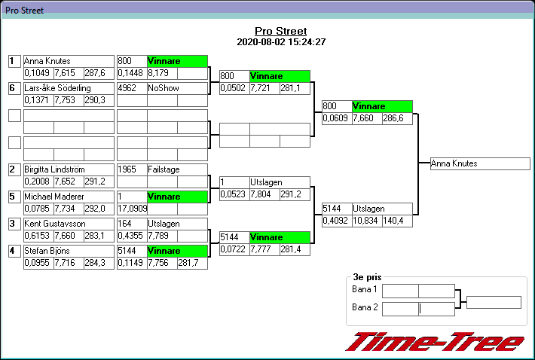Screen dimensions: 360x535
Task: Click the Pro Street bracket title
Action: point(280,31)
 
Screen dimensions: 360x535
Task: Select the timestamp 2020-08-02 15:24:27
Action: point(280,41)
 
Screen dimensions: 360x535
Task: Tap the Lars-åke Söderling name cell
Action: point(68,88)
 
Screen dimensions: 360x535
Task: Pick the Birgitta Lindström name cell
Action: point(68,169)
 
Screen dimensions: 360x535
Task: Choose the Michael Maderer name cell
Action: point(68,197)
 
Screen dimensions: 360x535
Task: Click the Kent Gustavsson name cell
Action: point(68,224)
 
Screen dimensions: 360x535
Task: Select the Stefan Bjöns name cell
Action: point(68,251)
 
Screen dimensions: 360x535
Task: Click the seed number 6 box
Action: point(13,88)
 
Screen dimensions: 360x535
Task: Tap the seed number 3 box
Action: point(13,224)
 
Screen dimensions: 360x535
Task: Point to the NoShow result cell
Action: point(176,88)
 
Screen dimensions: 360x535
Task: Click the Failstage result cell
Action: point(176,169)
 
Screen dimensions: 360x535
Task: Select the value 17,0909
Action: point(132,209)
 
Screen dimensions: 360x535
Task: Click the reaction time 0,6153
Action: point(38,236)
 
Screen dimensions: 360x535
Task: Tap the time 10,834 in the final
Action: point(367,221)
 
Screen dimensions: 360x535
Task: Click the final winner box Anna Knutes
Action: point(479,163)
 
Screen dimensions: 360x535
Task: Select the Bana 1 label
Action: point(365,290)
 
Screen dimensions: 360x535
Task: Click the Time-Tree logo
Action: point(435,341)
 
